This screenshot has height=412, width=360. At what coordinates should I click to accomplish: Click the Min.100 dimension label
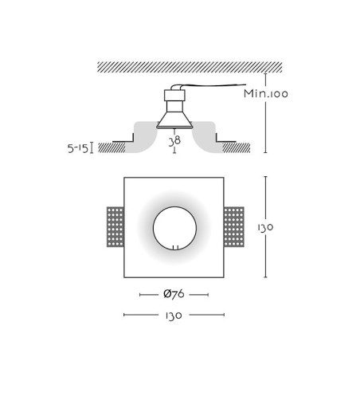266,93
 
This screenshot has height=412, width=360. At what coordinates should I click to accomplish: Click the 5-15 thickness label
78,148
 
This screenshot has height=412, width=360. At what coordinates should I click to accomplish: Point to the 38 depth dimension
174,141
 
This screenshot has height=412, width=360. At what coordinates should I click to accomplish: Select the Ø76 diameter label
174,294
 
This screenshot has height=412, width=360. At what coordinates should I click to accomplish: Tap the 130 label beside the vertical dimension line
265,227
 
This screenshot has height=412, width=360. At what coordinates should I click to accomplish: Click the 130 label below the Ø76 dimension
174,316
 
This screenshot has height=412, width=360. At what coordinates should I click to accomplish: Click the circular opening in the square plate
174,228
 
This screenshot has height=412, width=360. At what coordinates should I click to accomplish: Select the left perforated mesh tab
115,227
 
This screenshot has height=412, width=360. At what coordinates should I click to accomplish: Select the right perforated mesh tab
234,227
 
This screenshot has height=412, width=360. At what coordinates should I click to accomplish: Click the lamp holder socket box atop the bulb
174,96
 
